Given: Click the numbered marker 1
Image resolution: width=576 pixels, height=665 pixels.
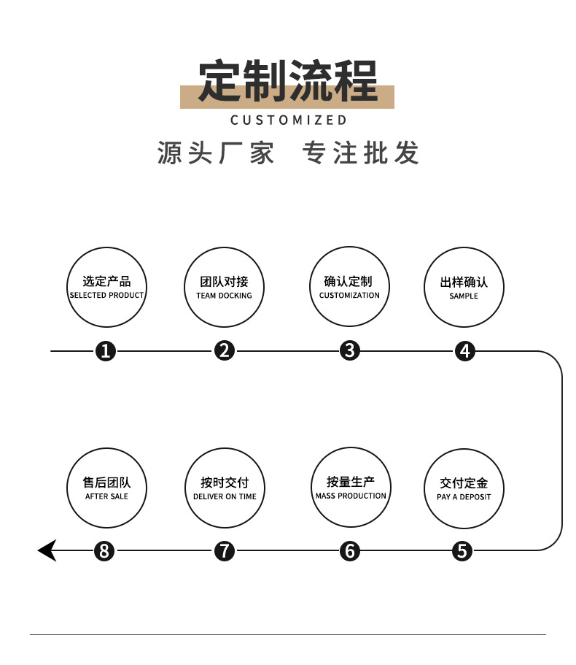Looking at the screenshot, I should pos(106,351).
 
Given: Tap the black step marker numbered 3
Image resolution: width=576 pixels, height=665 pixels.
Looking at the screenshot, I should pos(350,350).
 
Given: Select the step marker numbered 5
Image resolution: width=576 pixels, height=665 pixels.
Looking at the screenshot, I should pos(462,550).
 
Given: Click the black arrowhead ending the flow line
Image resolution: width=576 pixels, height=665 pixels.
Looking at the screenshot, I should pos(47,550).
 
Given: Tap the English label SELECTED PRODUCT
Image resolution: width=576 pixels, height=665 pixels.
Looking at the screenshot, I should pos(106,296).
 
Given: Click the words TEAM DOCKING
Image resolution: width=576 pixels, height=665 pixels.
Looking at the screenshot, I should pos(224,296).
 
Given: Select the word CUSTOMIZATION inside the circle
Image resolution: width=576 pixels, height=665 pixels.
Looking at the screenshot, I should pos(349,296).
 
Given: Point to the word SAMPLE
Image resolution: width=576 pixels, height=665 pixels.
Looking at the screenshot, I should pos(464,296).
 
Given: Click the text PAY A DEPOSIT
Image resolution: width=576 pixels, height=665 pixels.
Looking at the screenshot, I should pos(464,497).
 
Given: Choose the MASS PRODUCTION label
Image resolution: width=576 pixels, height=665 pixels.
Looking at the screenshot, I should pos(351,496).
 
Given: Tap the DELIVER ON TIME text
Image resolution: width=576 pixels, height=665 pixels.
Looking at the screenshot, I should pos(225,497).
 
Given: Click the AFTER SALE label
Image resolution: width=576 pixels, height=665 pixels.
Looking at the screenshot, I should pos(106,497).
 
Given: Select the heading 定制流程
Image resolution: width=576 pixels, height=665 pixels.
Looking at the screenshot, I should pos(288,80).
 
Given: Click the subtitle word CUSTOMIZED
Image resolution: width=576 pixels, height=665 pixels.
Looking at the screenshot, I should pos(289,120).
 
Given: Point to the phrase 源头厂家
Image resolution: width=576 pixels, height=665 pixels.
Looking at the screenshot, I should pos(217,153).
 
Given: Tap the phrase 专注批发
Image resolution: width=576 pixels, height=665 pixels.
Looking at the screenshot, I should pos(362,153).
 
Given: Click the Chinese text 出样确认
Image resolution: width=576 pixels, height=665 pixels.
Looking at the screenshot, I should pos(464,282).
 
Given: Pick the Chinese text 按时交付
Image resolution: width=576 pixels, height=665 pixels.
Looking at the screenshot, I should pos(225,483).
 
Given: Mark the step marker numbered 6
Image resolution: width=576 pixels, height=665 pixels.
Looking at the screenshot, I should pos(350,550).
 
